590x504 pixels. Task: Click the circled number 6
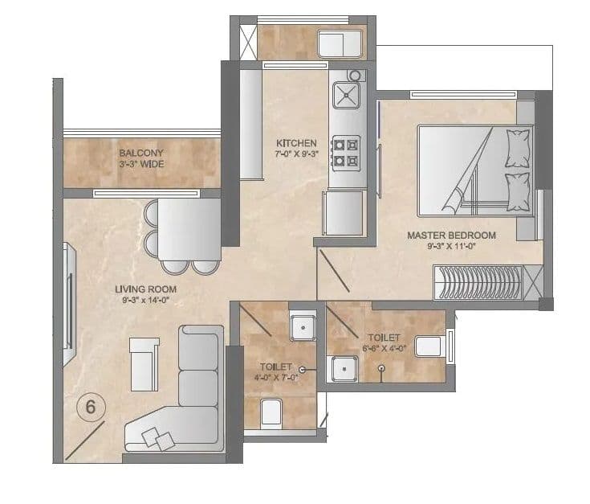pyautogui.click(x=91, y=408)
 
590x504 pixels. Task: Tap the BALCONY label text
pyautogui.click(x=141, y=153)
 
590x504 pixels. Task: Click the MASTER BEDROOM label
pyautogui.click(x=451, y=236)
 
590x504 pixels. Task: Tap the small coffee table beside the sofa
pyautogui.click(x=144, y=363)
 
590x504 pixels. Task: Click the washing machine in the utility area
pyautogui.click(x=342, y=44)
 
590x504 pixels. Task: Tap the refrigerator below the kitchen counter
pyautogui.click(x=344, y=213)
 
